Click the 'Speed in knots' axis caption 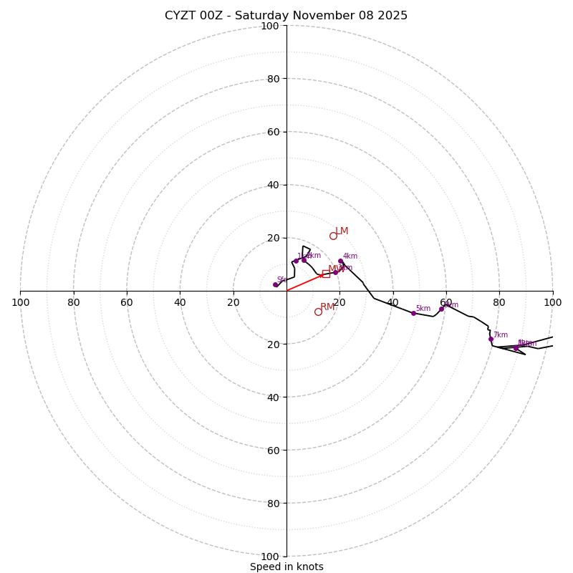click(286, 567)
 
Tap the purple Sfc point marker click(275, 284)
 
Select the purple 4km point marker click(340, 261)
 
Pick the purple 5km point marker click(413, 313)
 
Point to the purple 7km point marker click(491, 340)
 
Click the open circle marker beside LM click(333, 236)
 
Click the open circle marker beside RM click(318, 312)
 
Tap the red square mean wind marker click(326, 274)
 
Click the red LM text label click(342, 231)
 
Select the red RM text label click(327, 307)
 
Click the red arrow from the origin click(304, 283)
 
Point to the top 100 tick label click(270, 26)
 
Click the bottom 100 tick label click(270, 557)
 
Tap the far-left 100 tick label click(20, 302)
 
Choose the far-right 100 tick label click(552, 302)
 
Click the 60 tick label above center click(273, 132)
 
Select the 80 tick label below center click(273, 504)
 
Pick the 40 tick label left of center click(180, 302)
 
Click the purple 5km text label click(423, 309)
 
